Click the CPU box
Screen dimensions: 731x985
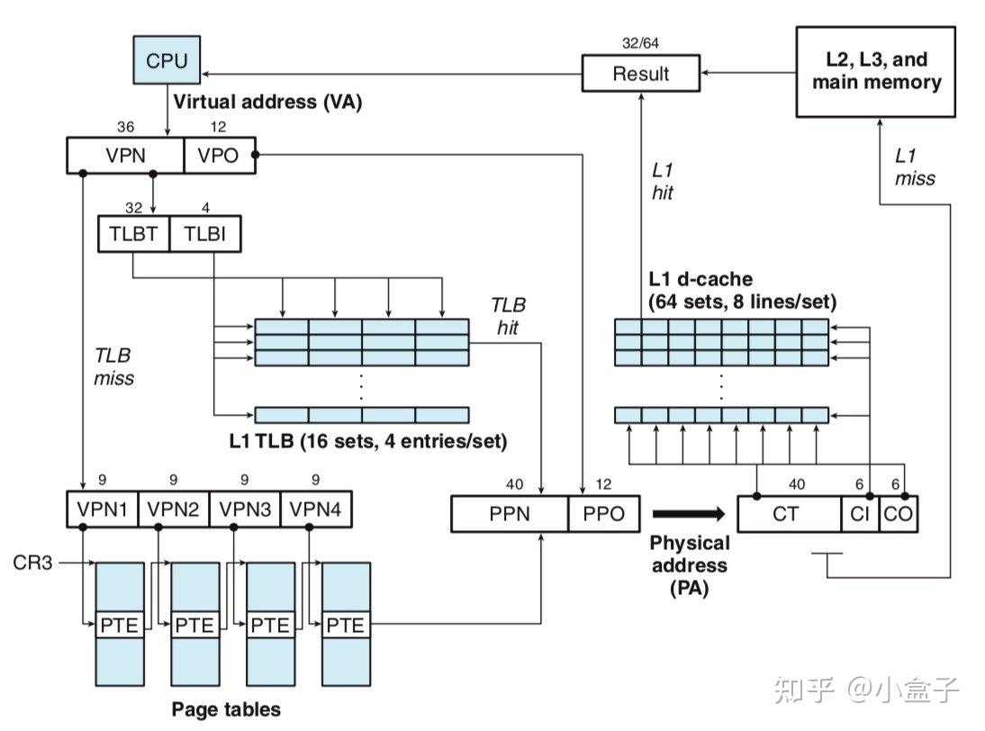pyautogui.click(x=167, y=61)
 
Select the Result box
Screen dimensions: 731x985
pyautogui.click(x=640, y=73)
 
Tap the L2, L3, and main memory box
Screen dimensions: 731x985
pyautogui.click(x=876, y=71)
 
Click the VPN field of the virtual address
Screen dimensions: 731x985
pyautogui.click(x=125, y=155)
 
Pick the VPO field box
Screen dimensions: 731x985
pyautogui.click(x=220, y=155)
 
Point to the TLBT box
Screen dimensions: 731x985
pyautogui.click(x=133, y=234)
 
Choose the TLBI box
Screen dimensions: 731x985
pyautogui.click(x=204, y=234)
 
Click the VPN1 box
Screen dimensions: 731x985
pyautogui.click(x=102, y=510)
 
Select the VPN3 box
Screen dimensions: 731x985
pyautogui.click(x=245, y=510)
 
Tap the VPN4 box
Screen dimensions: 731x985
pyautogui.click(x=316, y=510)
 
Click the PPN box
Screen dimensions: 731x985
pyautogui.click(x=510, y=514)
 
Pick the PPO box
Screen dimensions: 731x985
pyautogui.click(x=604, y=514)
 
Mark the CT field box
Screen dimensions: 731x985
pyautogui.click(x=789, y=514)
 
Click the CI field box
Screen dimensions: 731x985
pyautogui.click(x=858, y=514)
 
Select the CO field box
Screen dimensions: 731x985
pyautogui.click(x=897, y=514)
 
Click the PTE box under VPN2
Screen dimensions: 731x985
pyautogui.click(x=195, y=623)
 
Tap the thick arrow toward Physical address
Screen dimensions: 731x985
pyautogui.click(x=688, y=514)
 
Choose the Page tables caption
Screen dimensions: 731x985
pyautogui.click(x=225, y=708)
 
